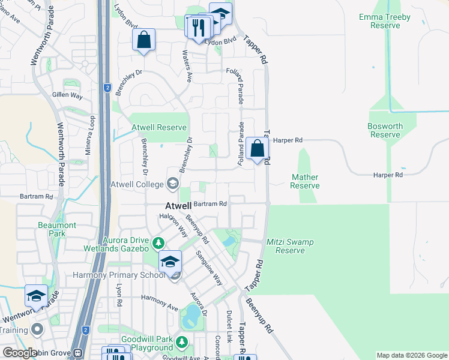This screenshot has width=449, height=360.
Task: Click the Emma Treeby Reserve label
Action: click(384, 22)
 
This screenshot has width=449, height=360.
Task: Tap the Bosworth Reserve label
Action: click(385, 130)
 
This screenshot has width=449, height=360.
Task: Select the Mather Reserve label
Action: click(305, 181)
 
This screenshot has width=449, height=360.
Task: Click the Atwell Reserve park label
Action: click(160, 128)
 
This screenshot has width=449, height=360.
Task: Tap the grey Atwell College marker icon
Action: click(173, 184)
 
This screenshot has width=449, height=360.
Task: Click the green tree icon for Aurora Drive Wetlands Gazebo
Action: click(158, 243)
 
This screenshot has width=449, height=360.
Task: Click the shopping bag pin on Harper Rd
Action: click(257, 148)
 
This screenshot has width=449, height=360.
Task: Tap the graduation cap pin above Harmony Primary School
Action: click(170, 261)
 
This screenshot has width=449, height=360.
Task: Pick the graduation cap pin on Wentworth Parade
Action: click(36, 296)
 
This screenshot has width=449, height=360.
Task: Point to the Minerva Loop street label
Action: click(88, 135)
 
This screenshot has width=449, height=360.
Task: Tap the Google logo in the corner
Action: click(20, 353)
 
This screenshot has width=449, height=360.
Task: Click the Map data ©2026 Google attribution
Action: click(411, 355)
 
